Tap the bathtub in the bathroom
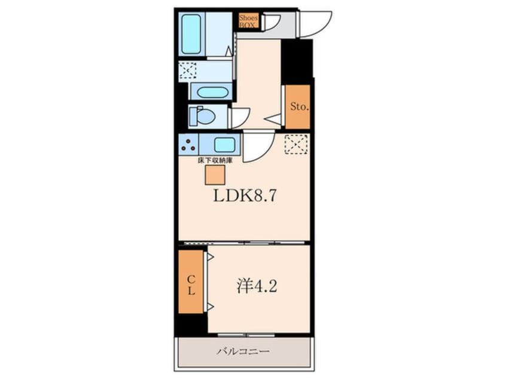click(191, 34)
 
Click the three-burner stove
click(189, 145)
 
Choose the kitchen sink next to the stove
click(224, 145)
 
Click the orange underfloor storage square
click(215, 175)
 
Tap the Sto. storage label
click(298, 107)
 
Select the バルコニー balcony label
click(243, 352)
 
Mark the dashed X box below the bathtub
click(187, 71)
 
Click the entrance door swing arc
click(313, 24)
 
